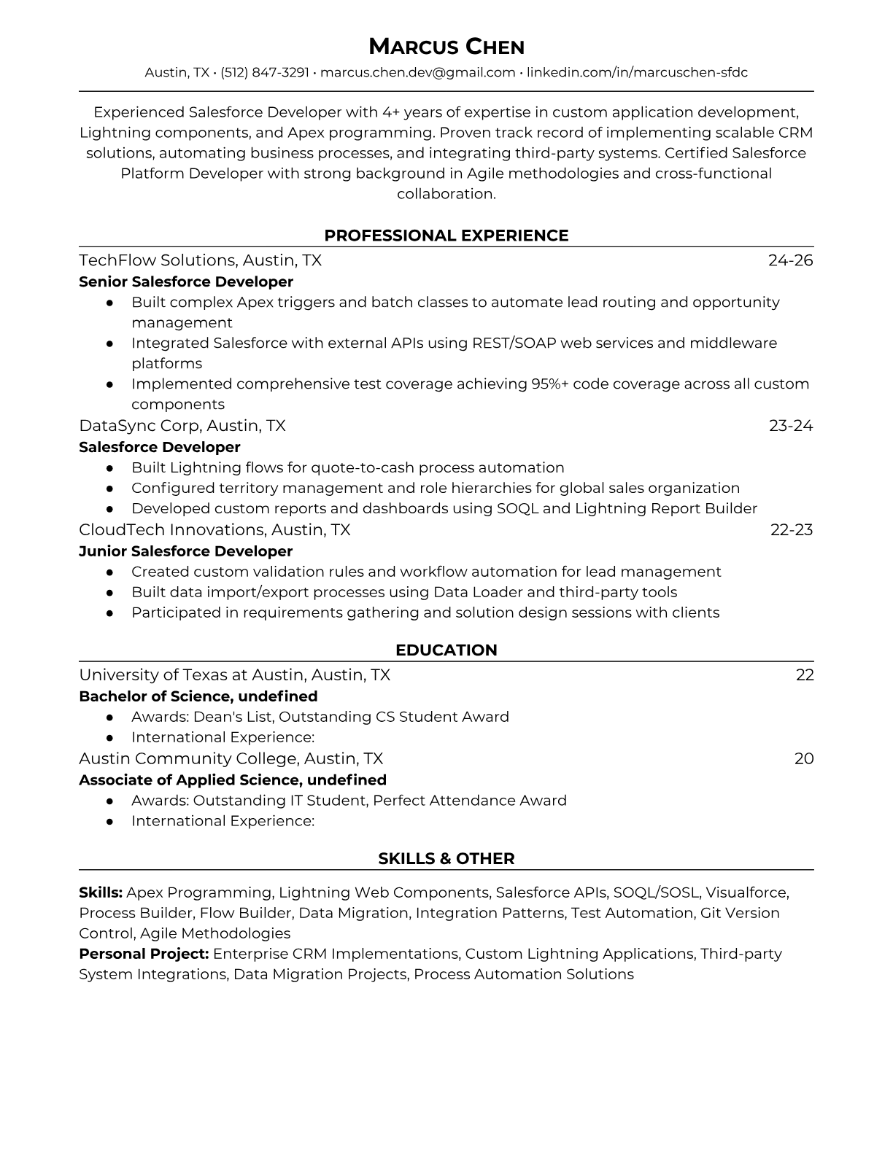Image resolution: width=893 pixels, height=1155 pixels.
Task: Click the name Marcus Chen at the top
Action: pos(446,47)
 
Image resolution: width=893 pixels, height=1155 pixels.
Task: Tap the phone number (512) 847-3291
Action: pos(265,72)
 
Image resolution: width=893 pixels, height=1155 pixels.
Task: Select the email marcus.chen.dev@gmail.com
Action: pos(417,72)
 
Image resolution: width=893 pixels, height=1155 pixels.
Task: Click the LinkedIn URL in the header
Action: pos(637,72)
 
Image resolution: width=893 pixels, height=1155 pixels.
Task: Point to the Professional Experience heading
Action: pos(446,236)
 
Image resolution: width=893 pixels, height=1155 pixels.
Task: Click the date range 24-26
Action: pos(790,260)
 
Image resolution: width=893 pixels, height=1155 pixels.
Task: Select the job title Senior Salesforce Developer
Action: pos(185,281)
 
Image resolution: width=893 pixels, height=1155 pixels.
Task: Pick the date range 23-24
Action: pos(790,425)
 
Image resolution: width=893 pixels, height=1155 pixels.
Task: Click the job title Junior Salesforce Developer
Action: pos(185,551)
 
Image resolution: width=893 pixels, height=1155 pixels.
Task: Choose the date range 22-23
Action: pos(791,529)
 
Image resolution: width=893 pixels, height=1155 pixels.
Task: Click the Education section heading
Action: pos(446,650)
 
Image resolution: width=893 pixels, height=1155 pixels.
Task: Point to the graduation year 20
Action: pos(803,758)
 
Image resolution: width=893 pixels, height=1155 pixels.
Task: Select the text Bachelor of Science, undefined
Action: pos(198,696)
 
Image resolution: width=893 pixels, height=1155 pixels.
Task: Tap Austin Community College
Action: pos(188,758)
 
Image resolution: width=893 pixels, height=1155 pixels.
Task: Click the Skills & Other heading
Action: pos(446,859)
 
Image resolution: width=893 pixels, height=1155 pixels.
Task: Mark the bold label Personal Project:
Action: pos(144,954)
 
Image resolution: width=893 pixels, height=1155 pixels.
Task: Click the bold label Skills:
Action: pos(101,892)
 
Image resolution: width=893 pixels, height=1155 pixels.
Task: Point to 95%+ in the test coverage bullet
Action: pos(550,384)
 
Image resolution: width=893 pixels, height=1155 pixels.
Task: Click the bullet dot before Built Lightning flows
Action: pos(109,468)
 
